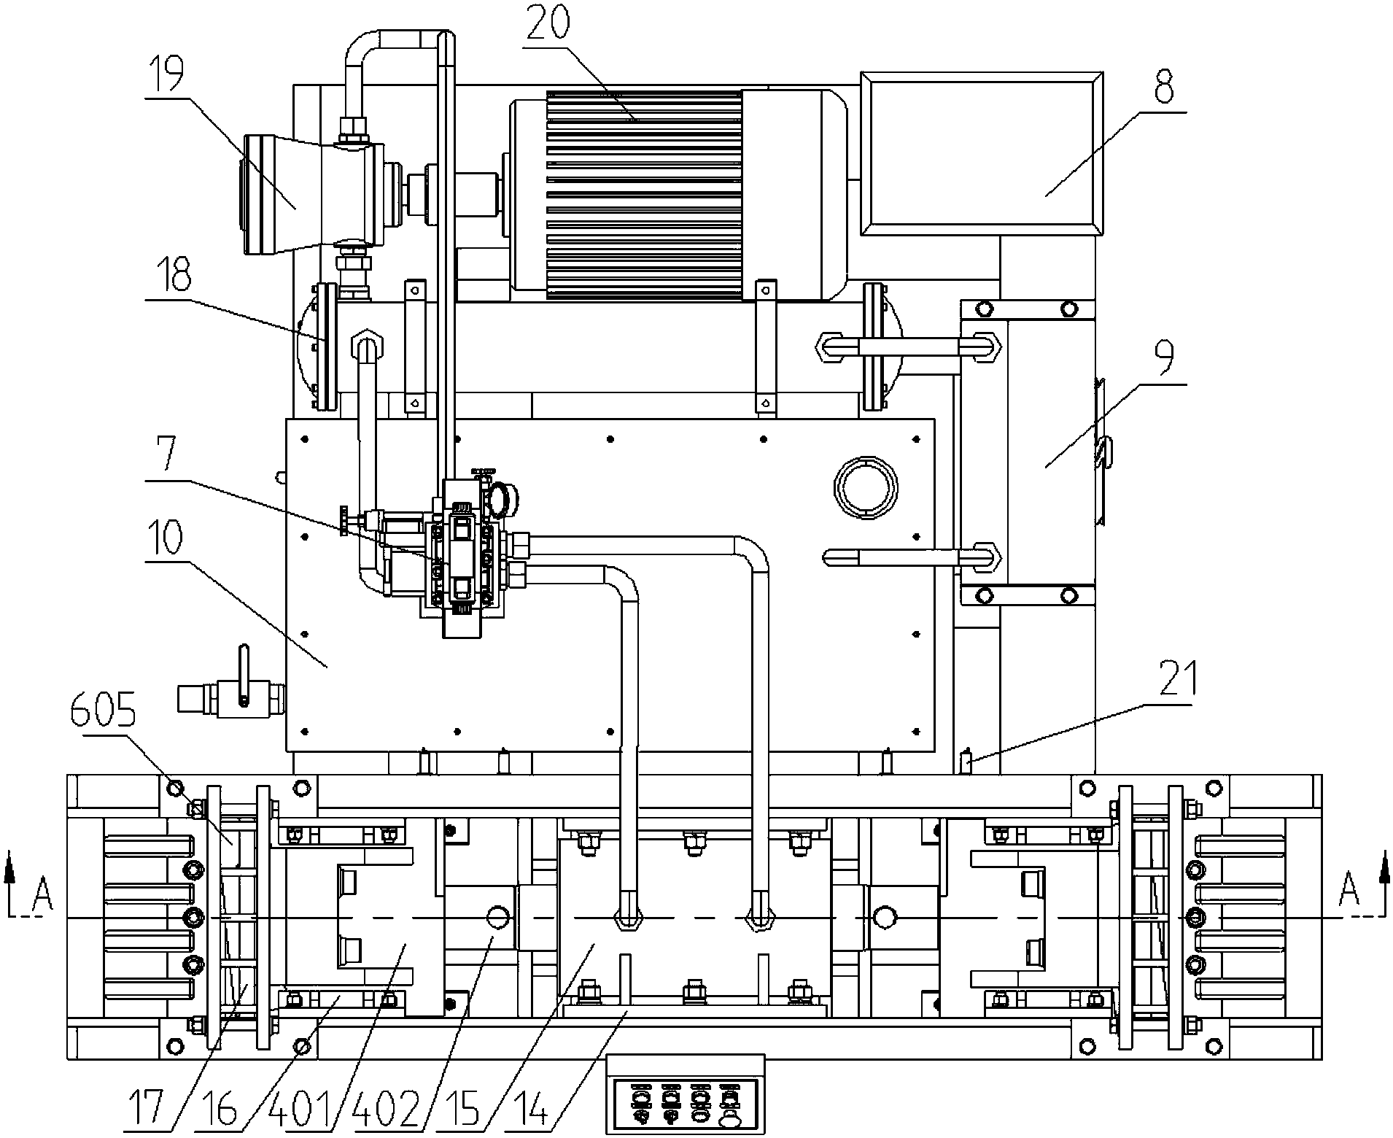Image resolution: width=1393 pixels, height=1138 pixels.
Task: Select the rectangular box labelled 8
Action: [x=981, y=154]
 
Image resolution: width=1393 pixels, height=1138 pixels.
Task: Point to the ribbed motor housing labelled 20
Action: [x=644, y=195]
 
